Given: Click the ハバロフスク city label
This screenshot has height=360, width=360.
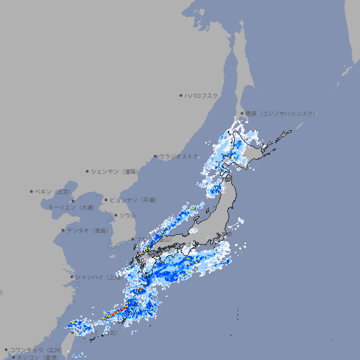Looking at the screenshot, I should coord(202,95).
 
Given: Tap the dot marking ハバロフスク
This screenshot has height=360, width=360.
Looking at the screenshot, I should coord(181,95).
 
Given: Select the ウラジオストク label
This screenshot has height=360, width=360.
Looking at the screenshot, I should coord(179,156).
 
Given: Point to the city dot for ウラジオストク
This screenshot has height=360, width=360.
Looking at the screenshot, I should coord(155,156).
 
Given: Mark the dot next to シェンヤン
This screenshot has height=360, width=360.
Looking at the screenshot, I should coord(87,171).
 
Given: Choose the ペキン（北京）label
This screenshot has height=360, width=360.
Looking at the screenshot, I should coord(54,191).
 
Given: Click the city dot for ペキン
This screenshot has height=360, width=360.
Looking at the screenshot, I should coord(32,191).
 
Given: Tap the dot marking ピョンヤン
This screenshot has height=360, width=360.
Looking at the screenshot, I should coord(106,200).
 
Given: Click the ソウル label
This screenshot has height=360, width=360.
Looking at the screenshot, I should coord(127,215).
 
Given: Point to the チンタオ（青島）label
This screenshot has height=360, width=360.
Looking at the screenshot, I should coord(88,230).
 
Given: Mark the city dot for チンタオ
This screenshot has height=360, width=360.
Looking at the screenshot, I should coord(63,230).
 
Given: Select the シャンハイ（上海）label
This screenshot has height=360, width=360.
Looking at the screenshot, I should coord(96,277).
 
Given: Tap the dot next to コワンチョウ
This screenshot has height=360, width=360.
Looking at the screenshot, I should coord(6,349).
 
